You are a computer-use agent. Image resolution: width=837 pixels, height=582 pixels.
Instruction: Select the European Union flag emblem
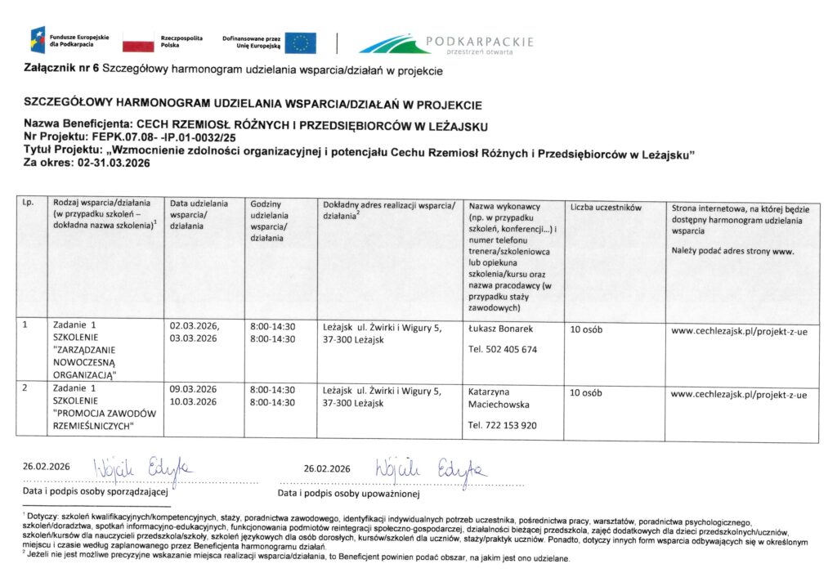(x=300, y=43)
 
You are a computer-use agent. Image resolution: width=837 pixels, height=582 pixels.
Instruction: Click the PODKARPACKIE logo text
(x=479, y=42)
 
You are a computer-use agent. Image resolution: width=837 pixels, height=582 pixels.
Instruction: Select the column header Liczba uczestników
(x=606, y=208)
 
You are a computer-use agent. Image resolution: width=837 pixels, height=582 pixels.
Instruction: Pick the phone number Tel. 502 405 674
(x=503, y=350)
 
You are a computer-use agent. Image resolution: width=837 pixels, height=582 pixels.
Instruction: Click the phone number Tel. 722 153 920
(x=503, y=425)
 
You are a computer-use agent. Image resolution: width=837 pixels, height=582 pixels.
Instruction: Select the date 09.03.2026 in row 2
(x=193, y=388)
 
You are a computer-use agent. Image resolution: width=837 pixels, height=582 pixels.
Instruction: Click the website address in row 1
(x=738, y=332)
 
